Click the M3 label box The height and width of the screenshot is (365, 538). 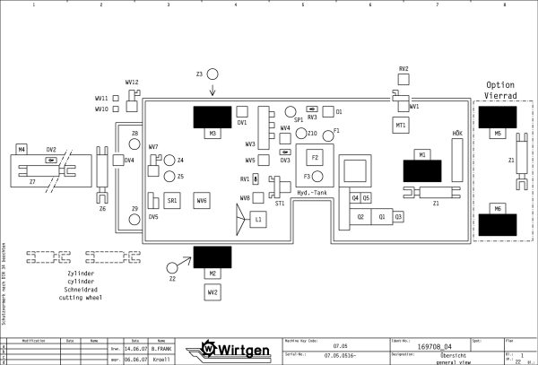tap(213, 134)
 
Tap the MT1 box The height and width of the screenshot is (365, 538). tap(401, 125)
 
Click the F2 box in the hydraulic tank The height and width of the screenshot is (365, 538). tap(316, 158)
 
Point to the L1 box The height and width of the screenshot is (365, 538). tap(258, 219)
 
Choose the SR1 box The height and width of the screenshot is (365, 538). tap(171, 201)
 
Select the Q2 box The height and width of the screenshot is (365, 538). tap(360, 216)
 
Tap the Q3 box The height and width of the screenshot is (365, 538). tap(398, 216)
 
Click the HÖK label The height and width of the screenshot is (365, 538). tap(457, 134)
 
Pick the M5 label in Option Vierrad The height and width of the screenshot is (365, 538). tap(497, 134)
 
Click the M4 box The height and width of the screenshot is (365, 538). tap(22, 148)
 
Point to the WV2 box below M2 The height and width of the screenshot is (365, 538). tap(213, 292)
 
